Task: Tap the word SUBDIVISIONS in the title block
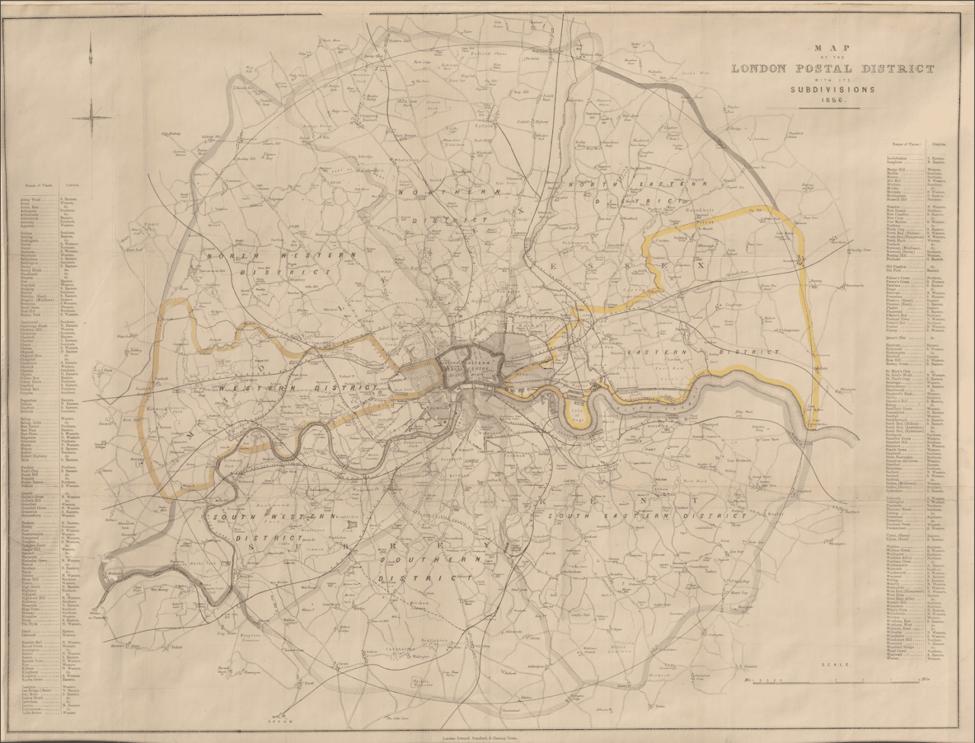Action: [x=832, y=89]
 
